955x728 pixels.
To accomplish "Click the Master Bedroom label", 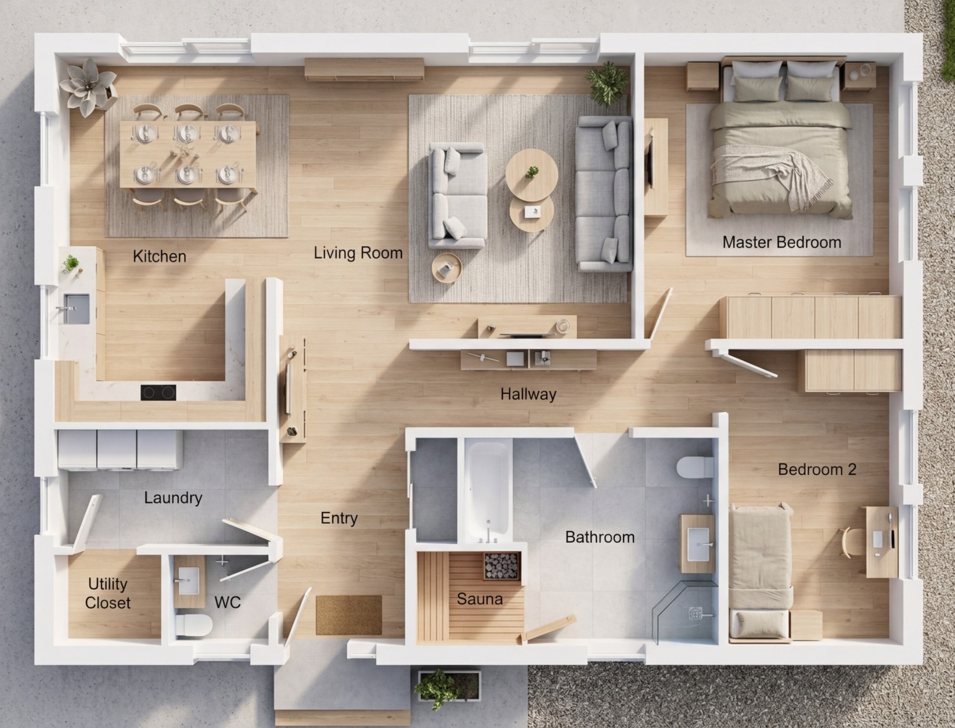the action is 781,242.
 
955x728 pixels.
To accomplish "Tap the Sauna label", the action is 480,599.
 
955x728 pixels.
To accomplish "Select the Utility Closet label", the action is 107,593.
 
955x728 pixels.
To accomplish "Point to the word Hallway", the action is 528,394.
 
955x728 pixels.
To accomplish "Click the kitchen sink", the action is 77,308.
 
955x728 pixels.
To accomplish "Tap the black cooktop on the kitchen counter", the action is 158,392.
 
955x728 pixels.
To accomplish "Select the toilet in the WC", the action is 194,625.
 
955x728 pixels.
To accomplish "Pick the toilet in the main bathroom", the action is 695,467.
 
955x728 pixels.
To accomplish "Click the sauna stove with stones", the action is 502,566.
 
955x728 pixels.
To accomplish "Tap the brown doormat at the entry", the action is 348,615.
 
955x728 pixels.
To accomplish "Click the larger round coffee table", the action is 532,175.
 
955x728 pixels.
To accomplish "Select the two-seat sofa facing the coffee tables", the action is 457,196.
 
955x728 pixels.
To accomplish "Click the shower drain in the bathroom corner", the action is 695,614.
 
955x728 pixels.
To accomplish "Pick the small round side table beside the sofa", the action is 446,268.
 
